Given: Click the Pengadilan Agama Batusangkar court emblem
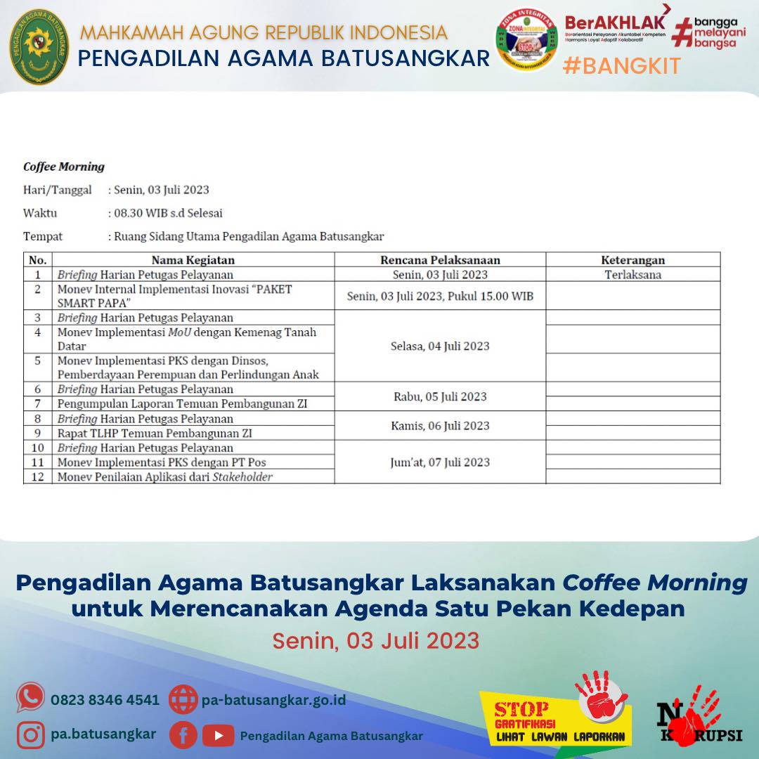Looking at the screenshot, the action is pos(39,47).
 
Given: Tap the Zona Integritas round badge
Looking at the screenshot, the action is pos(526,40).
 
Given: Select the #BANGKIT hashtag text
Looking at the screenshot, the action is pos(621,66).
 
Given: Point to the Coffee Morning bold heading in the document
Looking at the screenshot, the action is pos(64,167).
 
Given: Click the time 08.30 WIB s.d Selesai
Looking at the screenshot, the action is pos(169,213).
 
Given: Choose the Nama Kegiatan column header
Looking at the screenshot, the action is pos(193,260).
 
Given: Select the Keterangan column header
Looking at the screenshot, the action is pos(632,260).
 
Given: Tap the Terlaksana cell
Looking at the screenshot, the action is pos(632,275).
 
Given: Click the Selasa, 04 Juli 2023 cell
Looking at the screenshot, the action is pos(440,346).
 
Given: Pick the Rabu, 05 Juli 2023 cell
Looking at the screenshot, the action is pos(440,396).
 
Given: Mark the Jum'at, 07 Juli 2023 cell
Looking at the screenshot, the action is pos(440,462).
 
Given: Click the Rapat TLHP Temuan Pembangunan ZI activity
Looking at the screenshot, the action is pos(155,434).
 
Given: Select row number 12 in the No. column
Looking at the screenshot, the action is pos(38,477).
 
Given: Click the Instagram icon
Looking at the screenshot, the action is pos(31,735).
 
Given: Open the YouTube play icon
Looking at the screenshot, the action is pos(218,736).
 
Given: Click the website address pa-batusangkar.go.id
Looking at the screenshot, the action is pos(273,700).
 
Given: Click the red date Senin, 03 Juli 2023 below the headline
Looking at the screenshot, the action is pos(376,641).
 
